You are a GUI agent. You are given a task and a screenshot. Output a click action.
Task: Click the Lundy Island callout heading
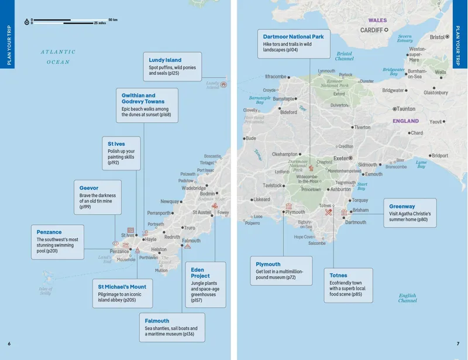165,60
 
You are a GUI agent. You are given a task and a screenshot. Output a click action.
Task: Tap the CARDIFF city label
371,30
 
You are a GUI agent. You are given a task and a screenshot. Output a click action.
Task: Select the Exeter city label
340,158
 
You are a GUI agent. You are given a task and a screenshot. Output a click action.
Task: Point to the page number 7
458,344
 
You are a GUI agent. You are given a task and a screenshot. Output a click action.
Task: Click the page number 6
9,344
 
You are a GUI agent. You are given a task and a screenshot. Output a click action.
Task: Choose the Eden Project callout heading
200,273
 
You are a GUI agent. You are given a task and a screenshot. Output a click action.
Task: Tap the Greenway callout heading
402,207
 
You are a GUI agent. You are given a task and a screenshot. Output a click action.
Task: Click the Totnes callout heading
338,275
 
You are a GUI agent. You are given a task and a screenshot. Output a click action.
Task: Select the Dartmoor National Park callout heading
293,36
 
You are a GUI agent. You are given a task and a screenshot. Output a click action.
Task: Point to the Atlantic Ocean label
58,57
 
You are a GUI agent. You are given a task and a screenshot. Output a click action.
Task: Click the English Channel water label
407,298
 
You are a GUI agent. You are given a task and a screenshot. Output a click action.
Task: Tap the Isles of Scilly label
45,290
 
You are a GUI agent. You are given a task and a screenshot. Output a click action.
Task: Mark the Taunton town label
406,109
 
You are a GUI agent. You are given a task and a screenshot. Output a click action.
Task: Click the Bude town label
251,139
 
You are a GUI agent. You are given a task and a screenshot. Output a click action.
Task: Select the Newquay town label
170,201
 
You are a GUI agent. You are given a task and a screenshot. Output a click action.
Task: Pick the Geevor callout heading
89,188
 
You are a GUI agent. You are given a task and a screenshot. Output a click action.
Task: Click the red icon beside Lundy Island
223,84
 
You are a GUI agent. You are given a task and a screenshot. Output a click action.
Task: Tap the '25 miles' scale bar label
99,23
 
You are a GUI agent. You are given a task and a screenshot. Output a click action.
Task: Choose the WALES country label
377,20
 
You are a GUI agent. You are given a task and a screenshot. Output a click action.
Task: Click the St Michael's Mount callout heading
122,286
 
